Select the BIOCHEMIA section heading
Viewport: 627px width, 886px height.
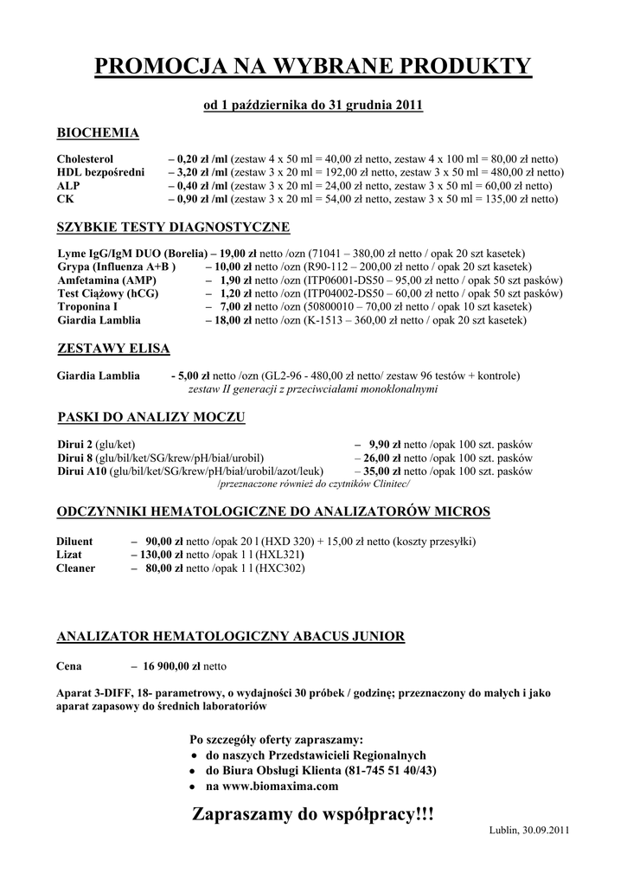(x=98, y=133)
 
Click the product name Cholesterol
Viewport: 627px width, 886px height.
(x=85, y=159)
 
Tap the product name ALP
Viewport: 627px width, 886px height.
(x=67, y=185)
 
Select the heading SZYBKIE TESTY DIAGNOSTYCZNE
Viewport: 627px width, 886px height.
(x=173, y=228)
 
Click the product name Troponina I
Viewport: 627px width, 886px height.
(x=87, y=307)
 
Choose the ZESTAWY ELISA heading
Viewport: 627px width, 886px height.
(x=112, y=349)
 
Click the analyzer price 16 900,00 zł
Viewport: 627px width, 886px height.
(x=170, y=667)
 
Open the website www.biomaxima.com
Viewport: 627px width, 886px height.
(x=272, y=786)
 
